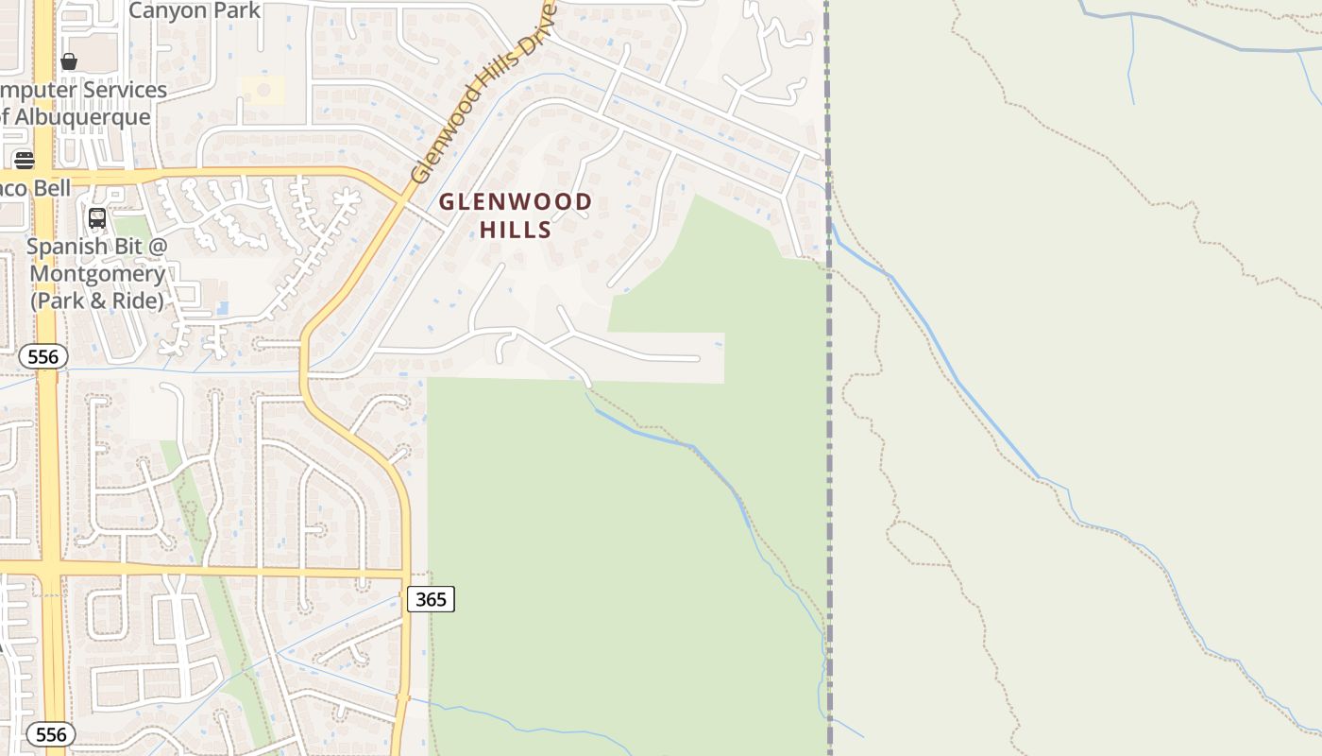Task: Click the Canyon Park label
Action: (195, 10)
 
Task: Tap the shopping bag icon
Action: (69, 61)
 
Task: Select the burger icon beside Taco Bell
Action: (25, 160)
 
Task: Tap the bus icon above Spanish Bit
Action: (96, 218)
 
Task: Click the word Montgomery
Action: (97, 274)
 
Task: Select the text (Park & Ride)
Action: (96, 301)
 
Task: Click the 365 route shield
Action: (431, 598)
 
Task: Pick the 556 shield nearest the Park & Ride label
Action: (43, 356)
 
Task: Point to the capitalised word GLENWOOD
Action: (516, 201)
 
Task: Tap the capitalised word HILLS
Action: (516, 230)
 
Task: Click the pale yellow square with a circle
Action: (263, 90)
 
